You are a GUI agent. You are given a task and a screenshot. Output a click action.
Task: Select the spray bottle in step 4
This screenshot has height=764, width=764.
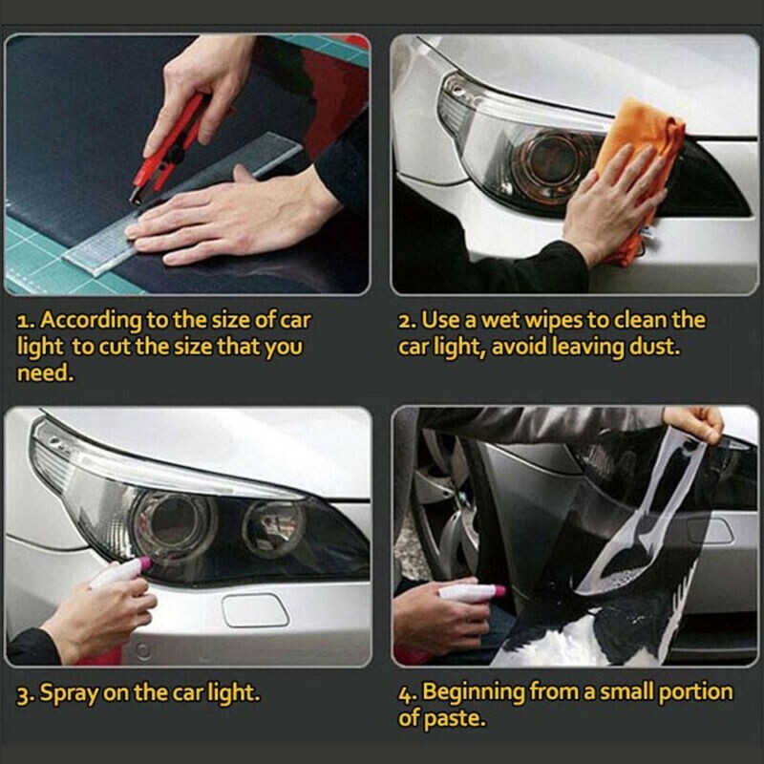tap(468, 593)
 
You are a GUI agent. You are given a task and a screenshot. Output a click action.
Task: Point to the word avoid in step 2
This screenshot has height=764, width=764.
tap(524, 347)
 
